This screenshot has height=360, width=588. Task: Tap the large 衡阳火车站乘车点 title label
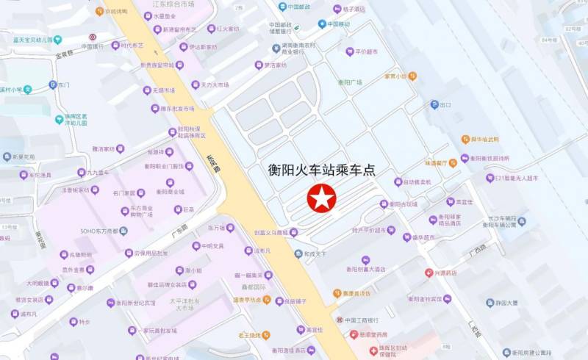click(x=321, y=170)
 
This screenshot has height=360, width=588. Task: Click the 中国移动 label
click(x=339, y=24)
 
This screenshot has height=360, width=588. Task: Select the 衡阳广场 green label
click(x=351, y=82)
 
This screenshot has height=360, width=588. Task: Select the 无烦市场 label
click(x=163, y=90)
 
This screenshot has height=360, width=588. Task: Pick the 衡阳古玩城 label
click(x=403, y=204)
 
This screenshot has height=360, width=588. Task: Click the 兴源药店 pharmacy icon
click(x=429, y=273)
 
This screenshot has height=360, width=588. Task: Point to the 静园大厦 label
click(x=506, y=302)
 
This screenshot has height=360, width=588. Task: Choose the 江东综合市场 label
click(x=173, y=4)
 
